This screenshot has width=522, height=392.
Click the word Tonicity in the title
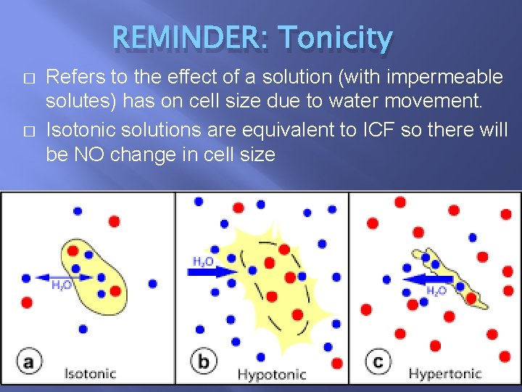click(x=335, y=38)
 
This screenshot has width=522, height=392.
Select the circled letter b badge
click(x=204, y=361)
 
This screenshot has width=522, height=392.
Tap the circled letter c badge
click(x=377, y=361)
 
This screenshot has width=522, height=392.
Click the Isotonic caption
click(x=90, y=374)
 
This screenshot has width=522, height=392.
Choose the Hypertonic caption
click(x=444, y=374)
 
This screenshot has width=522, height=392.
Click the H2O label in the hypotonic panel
click(x=203, y=261)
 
